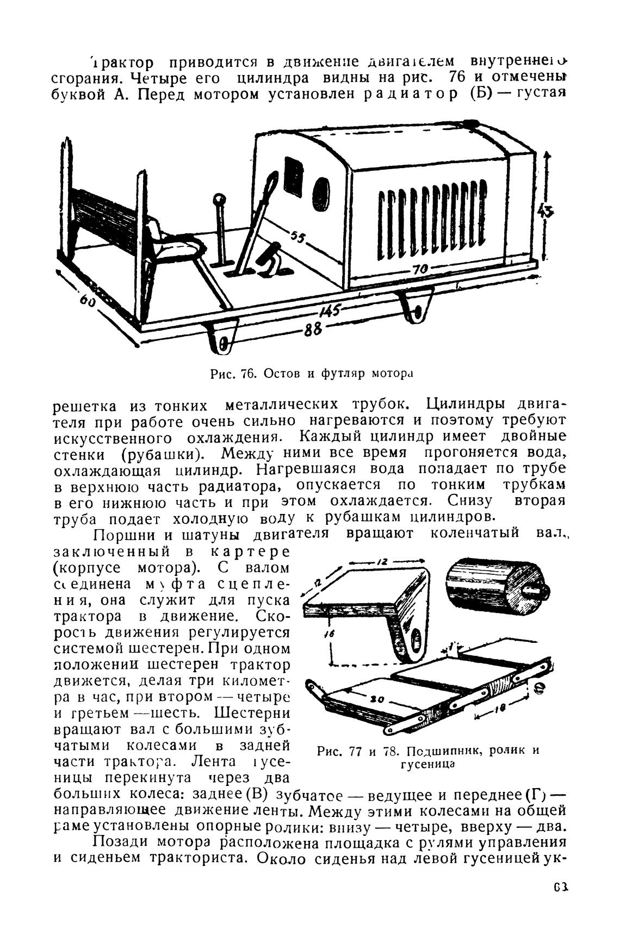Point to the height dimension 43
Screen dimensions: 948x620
click(x=543, y=211)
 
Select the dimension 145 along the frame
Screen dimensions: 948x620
click(x=330, y=311)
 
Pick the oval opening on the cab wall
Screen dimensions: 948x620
click(x=321, y=194)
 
